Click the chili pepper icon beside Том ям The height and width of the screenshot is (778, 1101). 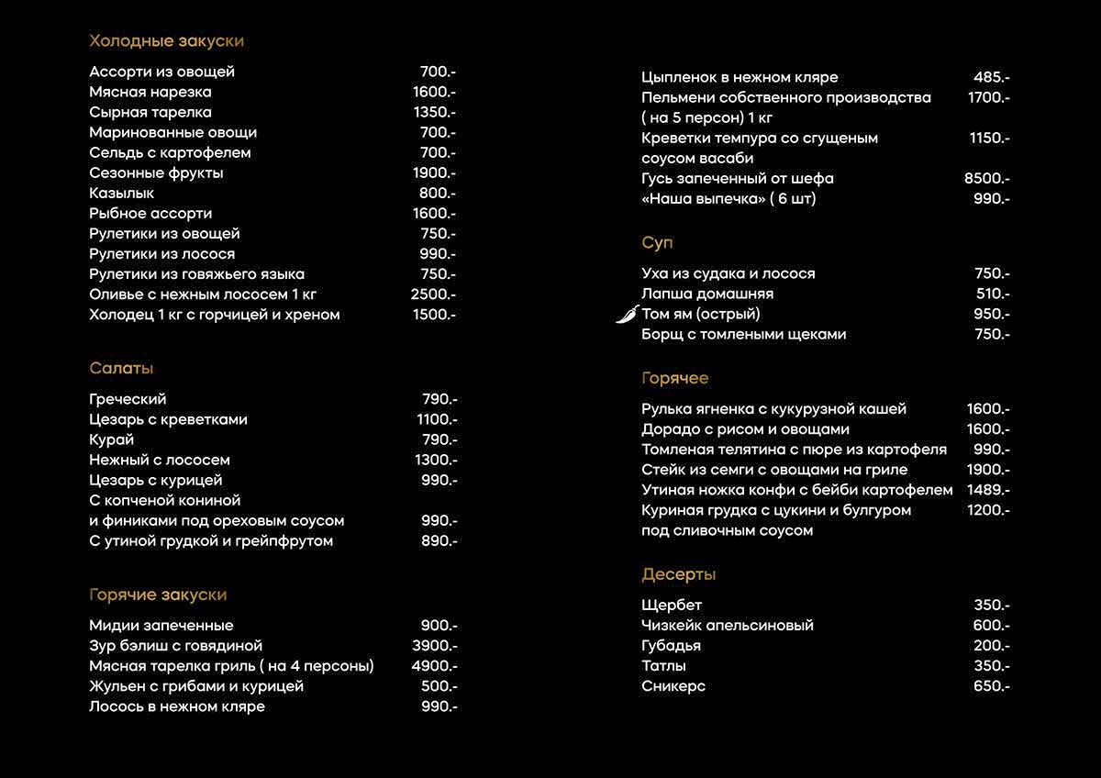(x=628, y=315)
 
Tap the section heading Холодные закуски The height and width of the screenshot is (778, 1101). (x=166, y=41)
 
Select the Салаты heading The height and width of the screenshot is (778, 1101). (x=121, y=369)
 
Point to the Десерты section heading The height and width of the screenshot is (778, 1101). (x=678, y=575)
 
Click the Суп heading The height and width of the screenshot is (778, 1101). (x=657, y=243)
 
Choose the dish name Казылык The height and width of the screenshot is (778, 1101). (x=121, y=194)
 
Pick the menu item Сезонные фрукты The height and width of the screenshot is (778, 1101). (x=156, y=173)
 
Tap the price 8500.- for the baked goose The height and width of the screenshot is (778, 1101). (x=986, y=179)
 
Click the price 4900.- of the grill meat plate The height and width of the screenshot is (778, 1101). (x=434, y=666)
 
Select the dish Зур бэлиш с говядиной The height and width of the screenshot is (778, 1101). (x=175, y=646)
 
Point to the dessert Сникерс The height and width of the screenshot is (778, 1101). (x=673, y=686)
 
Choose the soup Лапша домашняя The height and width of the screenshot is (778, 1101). (x=707, y=294)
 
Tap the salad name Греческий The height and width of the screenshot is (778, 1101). (x=128, y=399)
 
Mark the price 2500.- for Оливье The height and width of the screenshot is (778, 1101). (x=433, y=295)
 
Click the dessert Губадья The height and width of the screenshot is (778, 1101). (x=671, y=646)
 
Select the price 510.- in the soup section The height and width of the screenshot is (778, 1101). (x=993, y=294)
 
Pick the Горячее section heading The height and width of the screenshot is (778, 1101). (x=674, y=379)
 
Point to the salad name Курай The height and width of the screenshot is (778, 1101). (x=111, y=439)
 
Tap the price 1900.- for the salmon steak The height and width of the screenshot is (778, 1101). (x=987, y=470)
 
